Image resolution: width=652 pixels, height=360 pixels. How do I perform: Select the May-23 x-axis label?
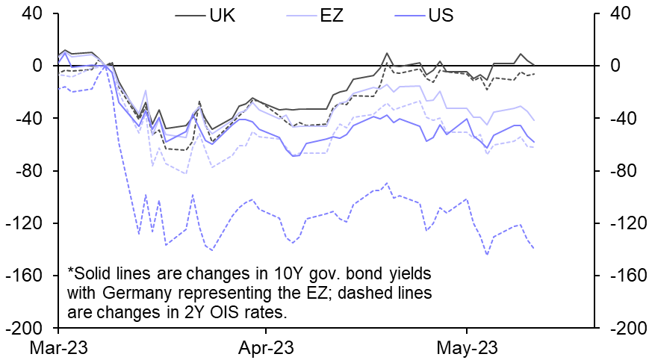point(467,347)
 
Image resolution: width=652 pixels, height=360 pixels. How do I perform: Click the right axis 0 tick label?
point(616,66)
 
